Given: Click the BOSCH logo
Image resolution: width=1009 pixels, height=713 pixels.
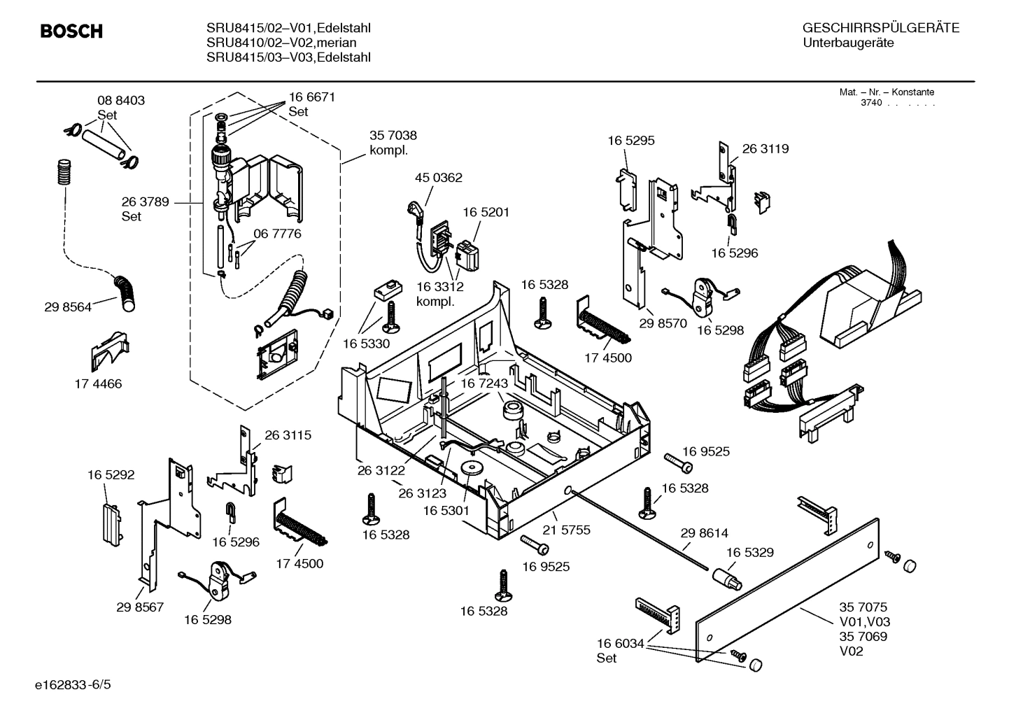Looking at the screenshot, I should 71,31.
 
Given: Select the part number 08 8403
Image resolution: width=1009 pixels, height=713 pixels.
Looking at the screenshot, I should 120,101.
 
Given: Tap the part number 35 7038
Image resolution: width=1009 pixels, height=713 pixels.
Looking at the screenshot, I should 393,136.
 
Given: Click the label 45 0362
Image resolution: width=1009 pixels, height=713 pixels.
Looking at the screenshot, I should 438,178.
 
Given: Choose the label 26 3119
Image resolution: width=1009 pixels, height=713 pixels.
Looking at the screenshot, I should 765,148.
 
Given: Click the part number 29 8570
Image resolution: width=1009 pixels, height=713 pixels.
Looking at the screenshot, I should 663,323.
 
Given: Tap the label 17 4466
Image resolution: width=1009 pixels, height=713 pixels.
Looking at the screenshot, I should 98,383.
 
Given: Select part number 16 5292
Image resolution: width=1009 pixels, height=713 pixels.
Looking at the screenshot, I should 111,474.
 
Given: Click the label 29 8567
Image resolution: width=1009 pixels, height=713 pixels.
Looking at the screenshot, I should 140,607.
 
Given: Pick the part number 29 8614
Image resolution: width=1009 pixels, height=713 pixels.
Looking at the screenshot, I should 704,533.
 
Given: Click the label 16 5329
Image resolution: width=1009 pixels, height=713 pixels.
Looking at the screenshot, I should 749,552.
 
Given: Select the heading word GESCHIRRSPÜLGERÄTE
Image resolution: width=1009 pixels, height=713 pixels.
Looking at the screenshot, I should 880,28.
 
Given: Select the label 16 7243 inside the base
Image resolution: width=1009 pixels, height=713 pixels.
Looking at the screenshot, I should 484,383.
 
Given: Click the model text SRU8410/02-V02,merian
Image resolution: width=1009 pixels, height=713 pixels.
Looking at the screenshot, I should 281,43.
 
